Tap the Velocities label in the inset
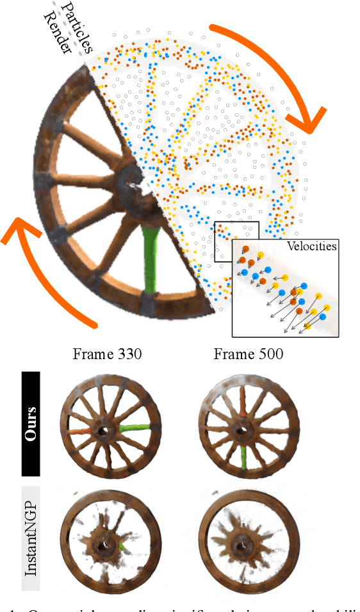pyautogui.click(x=312, y=246)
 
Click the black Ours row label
pyautogui.click(x=31, y=424)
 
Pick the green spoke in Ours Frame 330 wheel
pyautogui.click(x=135, y=428)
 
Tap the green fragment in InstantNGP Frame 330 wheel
pyautogui.click(x=122, y=545)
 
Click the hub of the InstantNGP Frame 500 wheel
pyautogui.click(x=242, y=545)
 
